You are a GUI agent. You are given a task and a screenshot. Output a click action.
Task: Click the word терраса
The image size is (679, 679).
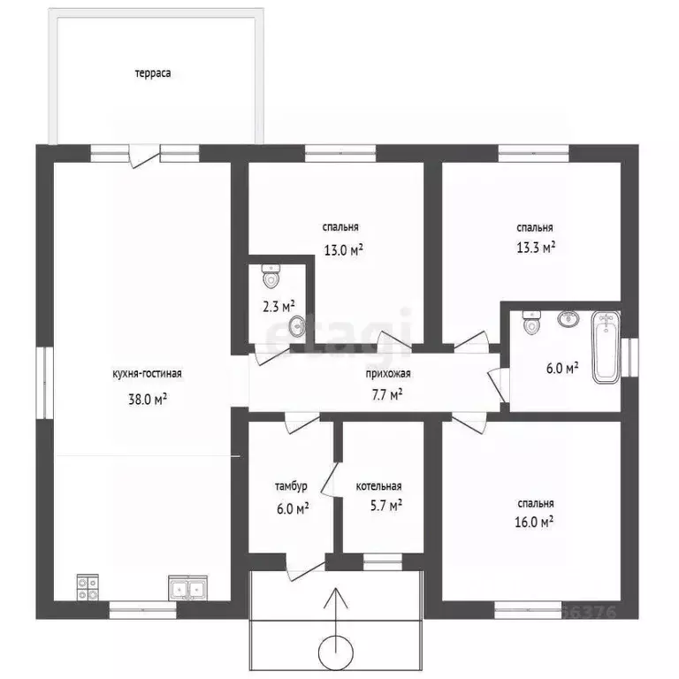click(152, 73)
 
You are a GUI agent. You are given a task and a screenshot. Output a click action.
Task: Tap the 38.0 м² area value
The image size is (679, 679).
click(148, 399)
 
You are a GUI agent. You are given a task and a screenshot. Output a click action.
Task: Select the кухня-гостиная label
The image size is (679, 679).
click(148, 373)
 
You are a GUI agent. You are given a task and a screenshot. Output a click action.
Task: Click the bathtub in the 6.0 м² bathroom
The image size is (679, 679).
click(606, 347)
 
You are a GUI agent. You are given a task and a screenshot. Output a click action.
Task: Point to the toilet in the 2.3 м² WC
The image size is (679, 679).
click(271, 276)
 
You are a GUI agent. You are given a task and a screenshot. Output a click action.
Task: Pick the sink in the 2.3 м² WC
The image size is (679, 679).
click(297, 325)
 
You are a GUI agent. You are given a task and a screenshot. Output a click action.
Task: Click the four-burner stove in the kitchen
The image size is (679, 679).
click(88, 587)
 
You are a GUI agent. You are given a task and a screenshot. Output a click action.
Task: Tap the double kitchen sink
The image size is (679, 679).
click(188, 588)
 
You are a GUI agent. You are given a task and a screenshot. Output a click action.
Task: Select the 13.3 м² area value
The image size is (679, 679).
click(536, 248)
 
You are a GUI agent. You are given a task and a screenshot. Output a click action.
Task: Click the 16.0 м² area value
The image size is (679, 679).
click(534, 522)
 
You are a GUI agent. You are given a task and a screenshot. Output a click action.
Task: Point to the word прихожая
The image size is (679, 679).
click(388, 373)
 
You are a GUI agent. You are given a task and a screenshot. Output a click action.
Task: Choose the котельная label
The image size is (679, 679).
click(378, 486)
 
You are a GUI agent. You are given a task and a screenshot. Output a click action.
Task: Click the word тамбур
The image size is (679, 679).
click(291, 486)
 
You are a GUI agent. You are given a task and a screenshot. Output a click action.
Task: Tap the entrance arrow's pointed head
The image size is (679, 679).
click(336, 589)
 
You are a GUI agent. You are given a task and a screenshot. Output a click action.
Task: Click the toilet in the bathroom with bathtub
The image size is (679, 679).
click(531, 322)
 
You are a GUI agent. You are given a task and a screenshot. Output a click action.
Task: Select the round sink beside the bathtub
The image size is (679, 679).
click(568, 318)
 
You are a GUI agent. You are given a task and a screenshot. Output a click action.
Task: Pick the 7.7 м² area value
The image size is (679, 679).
click(387, 395)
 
